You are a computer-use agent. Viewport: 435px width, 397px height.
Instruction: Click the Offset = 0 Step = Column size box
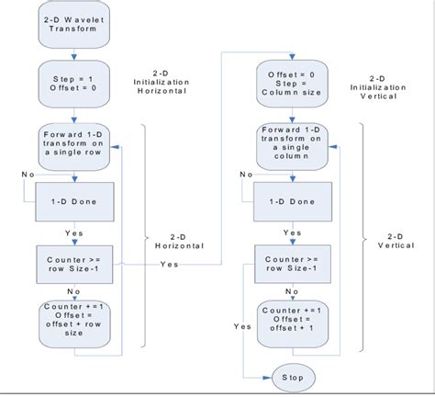tap(293, 84)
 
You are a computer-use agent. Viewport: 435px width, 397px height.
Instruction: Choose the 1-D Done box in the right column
tap(293, 199)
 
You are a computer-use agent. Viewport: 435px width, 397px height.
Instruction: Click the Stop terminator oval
tap(293, 377)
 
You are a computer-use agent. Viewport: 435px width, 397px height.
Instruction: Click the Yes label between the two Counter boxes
tap(170, 265)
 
